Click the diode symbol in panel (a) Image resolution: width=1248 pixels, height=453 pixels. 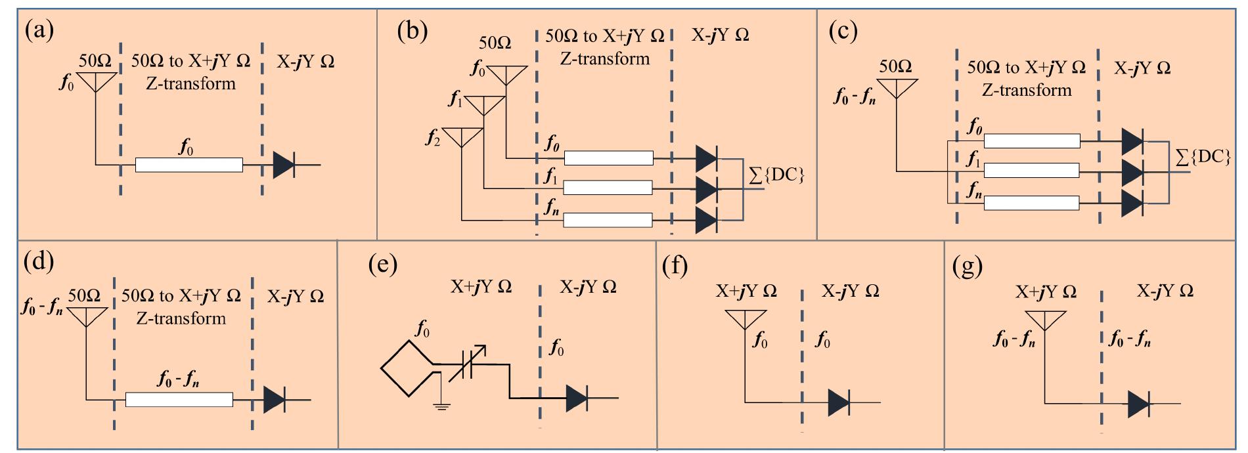click(283, 165)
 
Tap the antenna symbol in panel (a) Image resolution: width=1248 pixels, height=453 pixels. click(96, 82)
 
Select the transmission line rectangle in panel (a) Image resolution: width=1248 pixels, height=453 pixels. click(189, 165)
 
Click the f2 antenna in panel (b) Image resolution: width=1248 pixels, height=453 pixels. click(461, 137)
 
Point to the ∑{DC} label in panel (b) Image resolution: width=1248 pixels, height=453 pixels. click(778, 175)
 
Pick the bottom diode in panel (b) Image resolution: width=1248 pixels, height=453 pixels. click(706, 220)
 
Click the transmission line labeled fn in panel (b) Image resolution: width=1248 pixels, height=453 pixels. click(608, 220)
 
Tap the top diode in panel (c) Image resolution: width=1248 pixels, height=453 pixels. click(1132, 140)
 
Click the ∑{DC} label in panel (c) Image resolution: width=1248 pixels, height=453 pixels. click(1203, 157)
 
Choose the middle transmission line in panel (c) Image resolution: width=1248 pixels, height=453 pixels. click(1031, 171)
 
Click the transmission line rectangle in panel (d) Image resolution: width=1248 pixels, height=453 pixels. click(179, 399)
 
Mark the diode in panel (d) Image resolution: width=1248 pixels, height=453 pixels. click(274, 399)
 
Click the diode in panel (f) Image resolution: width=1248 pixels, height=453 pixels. click(839, 402)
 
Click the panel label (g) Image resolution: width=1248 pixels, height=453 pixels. click(967, 267)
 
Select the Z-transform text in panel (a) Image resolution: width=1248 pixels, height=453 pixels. click(190, 83)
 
